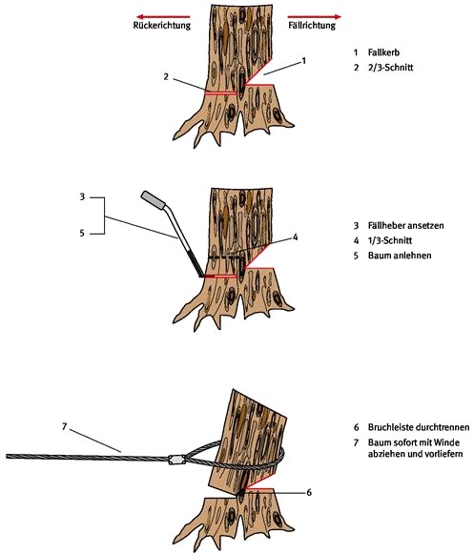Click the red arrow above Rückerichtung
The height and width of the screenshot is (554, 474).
click(163, 16)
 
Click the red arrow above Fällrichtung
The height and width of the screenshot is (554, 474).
click(315, 16)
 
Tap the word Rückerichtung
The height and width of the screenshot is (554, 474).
click(162, 26)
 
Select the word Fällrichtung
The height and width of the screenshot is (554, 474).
click(312, 26)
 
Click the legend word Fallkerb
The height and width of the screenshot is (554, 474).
click(383, 52)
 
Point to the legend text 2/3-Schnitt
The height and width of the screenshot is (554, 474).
click(391, 67)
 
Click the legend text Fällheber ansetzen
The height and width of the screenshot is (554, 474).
click(405, 225)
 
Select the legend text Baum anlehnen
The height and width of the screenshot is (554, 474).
click(400, 256)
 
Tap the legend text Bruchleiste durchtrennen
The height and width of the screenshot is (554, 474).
click(419, 427)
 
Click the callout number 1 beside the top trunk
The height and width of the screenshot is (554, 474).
click(303, 61)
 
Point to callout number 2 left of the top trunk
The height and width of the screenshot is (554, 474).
click(166, 76)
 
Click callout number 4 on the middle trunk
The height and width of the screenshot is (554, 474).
click(295, 237)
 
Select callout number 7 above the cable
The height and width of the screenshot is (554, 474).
click(64, 427)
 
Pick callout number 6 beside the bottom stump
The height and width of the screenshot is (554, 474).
click(309, 492)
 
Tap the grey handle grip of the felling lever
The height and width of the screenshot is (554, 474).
click(153, 199)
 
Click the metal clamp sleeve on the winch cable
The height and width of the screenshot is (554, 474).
click(176, 460)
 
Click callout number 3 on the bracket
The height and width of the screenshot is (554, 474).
click(82, 196)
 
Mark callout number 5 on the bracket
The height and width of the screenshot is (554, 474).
click(82, 234)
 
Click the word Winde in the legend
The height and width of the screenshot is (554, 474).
click(449, 442)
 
